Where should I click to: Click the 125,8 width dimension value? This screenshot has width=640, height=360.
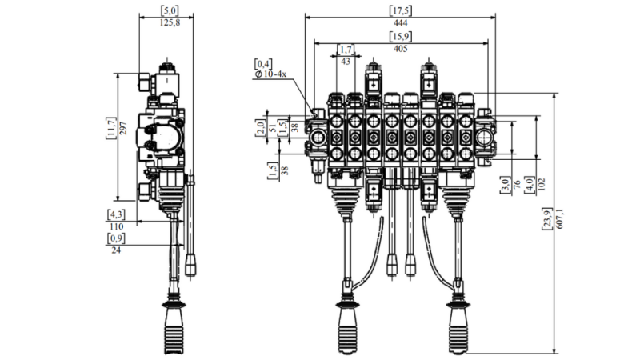tap(170, 23)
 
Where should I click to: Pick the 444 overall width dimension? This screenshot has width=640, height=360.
tap(400, 23)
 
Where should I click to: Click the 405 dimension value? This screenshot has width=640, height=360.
tap(400, 49)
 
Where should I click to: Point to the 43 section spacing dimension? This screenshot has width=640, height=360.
tap(346, 62)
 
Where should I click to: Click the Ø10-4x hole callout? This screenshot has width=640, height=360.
tap(270, 74)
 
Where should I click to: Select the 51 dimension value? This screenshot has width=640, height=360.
tap(271, 126)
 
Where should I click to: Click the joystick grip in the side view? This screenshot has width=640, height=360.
tap(174, 329)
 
